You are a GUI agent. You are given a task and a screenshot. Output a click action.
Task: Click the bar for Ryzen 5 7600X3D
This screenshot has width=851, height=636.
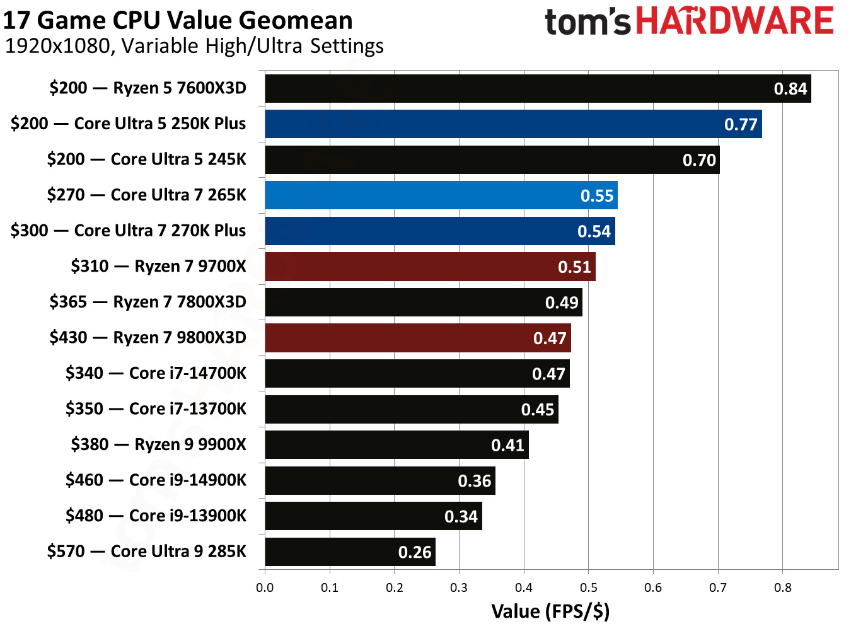point(538,88)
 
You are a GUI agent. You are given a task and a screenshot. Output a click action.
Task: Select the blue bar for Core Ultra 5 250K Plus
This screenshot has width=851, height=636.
point(513,124)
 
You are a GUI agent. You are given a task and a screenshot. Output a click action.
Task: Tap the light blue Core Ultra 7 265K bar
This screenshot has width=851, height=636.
point(441,195)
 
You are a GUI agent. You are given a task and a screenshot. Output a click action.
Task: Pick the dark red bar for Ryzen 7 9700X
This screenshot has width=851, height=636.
point(430,267)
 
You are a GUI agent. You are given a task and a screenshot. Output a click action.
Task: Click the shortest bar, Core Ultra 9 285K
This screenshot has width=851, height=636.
point(350,552)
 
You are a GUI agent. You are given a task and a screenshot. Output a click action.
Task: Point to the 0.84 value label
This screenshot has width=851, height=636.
point(790,89)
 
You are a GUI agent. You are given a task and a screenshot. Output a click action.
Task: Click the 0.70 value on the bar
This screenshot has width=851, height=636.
point(699,160)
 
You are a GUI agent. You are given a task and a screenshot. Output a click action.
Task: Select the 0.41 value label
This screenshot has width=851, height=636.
point(507,446)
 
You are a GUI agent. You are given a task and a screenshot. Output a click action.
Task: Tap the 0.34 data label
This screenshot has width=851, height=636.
point(461,517)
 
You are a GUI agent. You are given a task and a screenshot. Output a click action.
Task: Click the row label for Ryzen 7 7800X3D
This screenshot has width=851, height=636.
point(148,302)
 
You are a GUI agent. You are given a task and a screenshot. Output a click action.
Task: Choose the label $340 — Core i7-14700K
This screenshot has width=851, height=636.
point(156,373)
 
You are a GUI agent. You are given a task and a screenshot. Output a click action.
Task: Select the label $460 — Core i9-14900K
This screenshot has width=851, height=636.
point(156,480)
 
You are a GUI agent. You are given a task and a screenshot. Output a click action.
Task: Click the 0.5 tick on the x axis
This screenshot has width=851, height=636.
point(588,588)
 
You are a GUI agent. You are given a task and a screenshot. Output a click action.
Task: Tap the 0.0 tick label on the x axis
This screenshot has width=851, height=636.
point(265,588)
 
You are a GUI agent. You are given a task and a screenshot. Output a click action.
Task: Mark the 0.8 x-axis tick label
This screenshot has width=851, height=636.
point(782,588)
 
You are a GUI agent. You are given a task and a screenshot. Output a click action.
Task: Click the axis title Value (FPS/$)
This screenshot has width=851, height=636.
point(550,611)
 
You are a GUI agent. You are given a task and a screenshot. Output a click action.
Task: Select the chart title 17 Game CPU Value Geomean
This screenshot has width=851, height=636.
point(178,20)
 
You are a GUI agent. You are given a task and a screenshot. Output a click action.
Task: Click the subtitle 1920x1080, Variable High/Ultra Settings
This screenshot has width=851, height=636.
point(194,46)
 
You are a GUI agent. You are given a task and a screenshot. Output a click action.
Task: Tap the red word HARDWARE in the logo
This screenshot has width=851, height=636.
point(734,21)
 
